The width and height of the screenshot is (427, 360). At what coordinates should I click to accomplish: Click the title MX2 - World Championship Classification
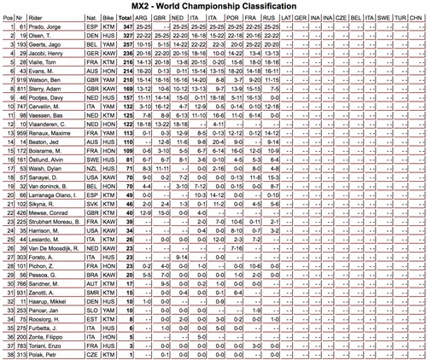click(213, 8)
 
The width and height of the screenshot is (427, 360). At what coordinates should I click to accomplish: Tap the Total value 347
click(126, 30)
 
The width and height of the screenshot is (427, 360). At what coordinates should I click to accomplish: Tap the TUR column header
click(399, 20)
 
